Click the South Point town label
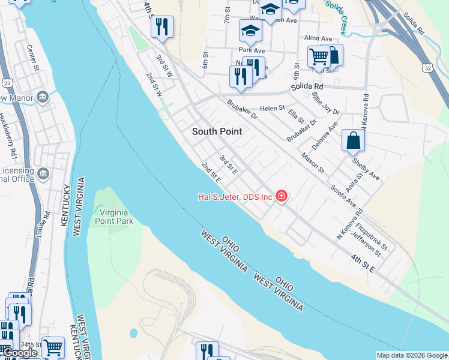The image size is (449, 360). click(217, 131)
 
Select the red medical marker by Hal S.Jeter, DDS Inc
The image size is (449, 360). click(281, 196)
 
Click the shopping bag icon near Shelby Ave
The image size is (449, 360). click(353, 140)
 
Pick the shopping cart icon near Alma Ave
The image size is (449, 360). click(319, 57)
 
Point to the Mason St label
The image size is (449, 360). click(313, 163)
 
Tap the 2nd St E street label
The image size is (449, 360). click(211, 172)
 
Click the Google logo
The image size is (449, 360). click(20, 353)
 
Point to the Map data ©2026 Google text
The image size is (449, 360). click(411, 355)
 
